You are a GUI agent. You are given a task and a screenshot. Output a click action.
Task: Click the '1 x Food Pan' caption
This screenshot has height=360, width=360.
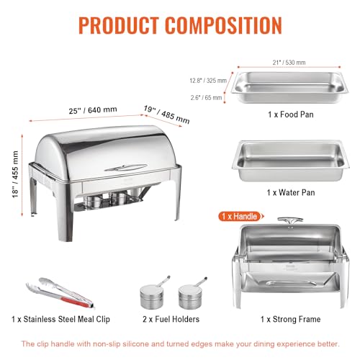pyautogui.click(x=289, y=114)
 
